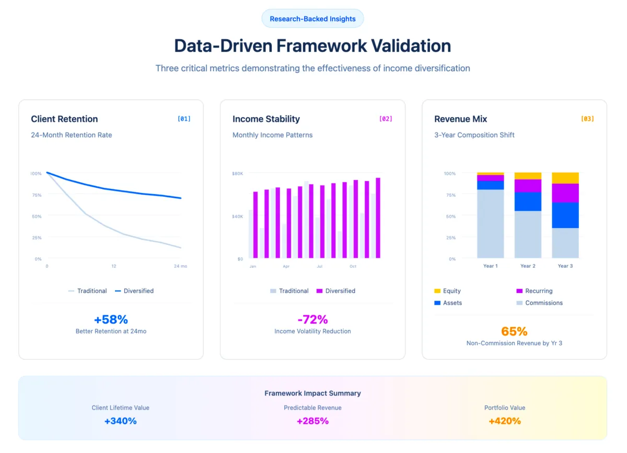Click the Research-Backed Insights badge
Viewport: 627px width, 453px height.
(312, 19)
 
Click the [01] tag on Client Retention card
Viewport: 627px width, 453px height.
(184, 119)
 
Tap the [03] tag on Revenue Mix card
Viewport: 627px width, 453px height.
(587, 119)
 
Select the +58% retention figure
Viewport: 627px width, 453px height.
(111, 320)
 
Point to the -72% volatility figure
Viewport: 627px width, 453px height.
(312, 320)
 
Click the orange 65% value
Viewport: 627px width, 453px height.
(514, 331)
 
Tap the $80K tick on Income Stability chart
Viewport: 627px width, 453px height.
(238, 173)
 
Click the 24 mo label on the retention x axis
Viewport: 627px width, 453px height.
(180, 266)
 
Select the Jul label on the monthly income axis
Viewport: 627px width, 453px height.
(319, 266)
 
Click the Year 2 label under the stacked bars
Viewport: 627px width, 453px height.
(528, 266)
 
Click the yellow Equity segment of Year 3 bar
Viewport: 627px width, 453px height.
(565, 178)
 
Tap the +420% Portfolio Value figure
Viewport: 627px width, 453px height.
(505, 421)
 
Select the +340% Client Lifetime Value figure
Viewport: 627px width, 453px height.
(120, 421)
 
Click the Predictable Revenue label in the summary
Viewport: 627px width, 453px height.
(312, 407)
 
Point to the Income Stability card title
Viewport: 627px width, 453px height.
(266, 119)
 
